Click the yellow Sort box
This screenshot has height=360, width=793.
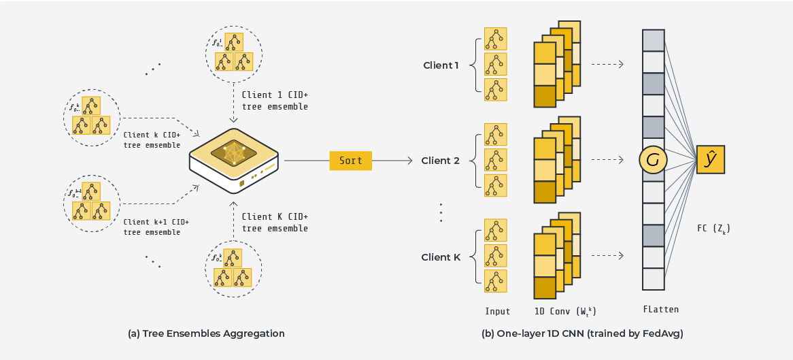tap(350, 161)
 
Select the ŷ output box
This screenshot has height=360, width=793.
tap(710, 160)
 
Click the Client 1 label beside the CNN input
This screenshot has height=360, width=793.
tap(441, 65)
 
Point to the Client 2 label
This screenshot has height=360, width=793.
tap(441, 161)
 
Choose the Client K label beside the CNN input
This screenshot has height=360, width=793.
tap(441, 257)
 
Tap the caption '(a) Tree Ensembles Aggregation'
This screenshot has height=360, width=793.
tap(206, 333)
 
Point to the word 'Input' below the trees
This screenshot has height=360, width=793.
tap(497, 312)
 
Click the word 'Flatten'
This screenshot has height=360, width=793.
tap(660, 310)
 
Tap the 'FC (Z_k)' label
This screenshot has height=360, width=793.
tap(714, 229)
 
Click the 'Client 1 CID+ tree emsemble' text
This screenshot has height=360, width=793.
tap(275, 101)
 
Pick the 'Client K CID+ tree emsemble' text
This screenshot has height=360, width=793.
tap(275, 223)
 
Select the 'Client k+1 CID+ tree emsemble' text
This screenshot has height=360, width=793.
tap(156, 227)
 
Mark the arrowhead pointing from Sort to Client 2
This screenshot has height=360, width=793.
tap(409, 161)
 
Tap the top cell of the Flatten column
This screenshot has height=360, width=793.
tap(653, 40)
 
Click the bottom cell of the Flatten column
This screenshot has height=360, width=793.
tap(653, 278)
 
